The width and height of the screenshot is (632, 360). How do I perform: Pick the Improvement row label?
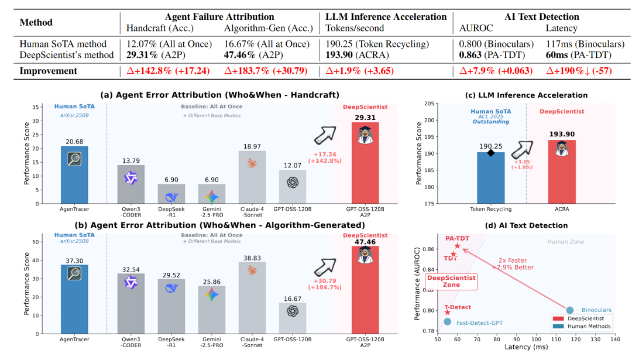point(49,71)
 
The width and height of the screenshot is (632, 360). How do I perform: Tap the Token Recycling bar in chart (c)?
point(491,177)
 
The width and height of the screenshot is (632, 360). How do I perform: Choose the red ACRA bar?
point(561,172)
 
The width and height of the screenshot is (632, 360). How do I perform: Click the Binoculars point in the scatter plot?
point(570,310)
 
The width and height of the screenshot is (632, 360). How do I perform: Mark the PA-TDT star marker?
point(457,246)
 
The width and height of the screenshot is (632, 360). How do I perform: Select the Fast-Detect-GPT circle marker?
point(447,321)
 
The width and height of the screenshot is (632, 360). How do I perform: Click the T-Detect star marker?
point(448,313)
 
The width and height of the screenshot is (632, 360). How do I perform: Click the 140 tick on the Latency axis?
point(615,339)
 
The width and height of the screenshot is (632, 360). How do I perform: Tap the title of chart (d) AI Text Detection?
point(525,225)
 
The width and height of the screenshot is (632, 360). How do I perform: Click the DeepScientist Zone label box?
point(451,282)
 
